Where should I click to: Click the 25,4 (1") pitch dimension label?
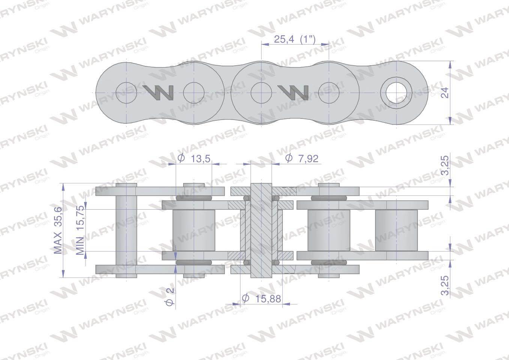tap(295, 39)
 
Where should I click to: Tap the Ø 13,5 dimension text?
tap(194, 159)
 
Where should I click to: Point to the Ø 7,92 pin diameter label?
tap(302, 159)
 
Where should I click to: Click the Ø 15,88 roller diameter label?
tap(261, 298)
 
